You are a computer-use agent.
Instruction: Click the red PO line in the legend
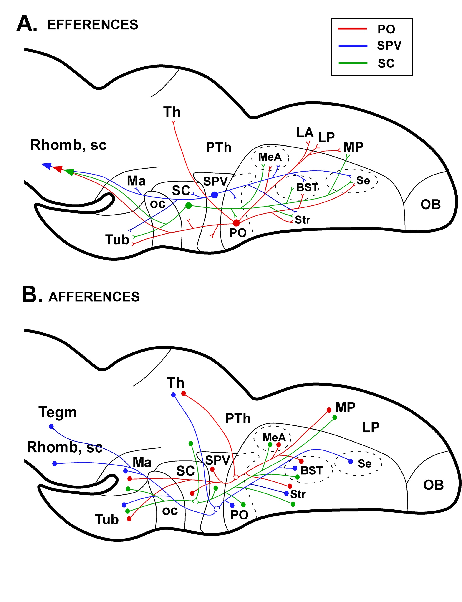coord(352,28)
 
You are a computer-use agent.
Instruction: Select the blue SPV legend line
coord(353,46)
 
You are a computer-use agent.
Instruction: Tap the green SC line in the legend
coord(353,63)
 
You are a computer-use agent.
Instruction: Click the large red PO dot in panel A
coord(236,223)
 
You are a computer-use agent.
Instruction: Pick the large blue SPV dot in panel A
coord(215,195)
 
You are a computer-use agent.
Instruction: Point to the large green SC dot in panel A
coord(188,205)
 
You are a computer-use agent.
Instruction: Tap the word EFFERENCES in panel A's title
coord(93,25)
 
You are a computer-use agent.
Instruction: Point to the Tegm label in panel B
coord(58,412)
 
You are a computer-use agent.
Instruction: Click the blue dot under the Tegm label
coord(51,427)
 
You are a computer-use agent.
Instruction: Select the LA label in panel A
coord(305,133)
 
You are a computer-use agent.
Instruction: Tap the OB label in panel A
coord(430,205)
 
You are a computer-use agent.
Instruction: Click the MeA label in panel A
coord(270,157)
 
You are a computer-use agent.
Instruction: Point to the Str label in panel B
coord(298,494)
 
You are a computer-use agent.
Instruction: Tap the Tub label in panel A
coord(117,240)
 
